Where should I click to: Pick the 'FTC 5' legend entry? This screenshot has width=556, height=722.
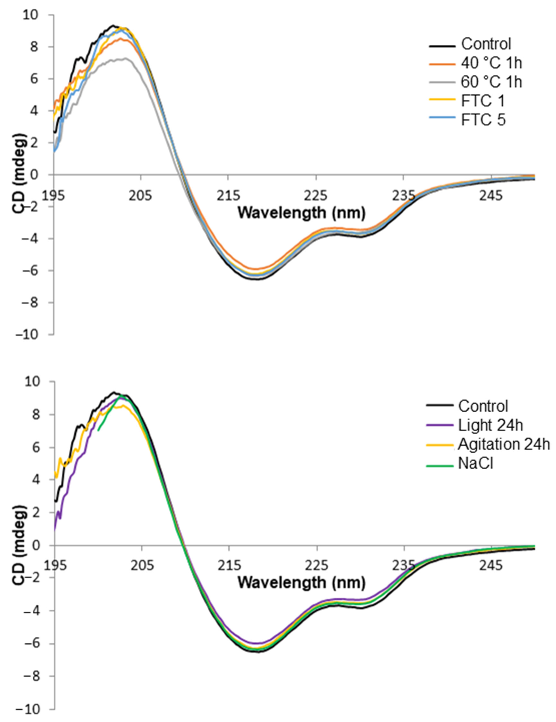pos(483,120)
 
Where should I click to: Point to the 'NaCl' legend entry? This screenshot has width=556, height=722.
pos(475,464)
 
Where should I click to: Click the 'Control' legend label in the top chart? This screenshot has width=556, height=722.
pos(486,44)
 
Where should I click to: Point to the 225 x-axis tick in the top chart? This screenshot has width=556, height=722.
pos(316,196)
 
